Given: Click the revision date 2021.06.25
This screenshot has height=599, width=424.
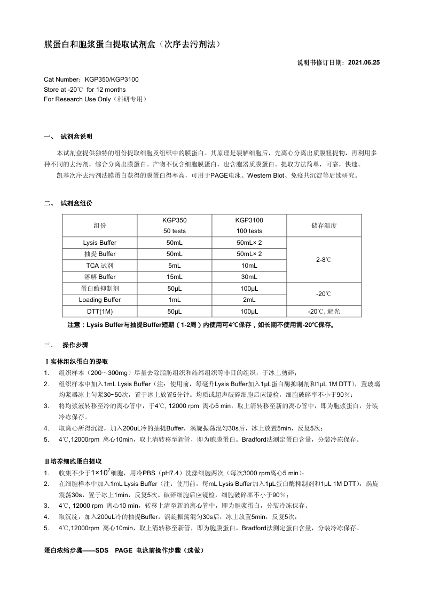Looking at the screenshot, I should point(364,62).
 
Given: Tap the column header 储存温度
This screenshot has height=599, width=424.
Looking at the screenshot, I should point(324,226).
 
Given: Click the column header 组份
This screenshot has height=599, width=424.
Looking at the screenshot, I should point(100,226).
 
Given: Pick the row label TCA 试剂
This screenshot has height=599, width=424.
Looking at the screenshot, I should point(100,266).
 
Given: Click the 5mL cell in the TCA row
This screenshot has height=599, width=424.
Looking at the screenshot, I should point(175,266).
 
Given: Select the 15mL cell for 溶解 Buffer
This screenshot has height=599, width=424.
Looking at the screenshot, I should point(175,277).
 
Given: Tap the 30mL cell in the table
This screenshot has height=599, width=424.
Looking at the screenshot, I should point(249,277).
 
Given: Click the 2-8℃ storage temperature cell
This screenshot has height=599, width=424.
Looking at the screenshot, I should point(324,260).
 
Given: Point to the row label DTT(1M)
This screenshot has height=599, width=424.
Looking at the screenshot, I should point(100,311).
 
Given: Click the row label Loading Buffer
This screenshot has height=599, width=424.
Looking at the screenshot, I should point(100,300).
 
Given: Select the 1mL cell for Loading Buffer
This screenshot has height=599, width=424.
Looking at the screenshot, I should point(175,300).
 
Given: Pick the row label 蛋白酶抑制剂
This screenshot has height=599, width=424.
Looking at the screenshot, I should point(100,289).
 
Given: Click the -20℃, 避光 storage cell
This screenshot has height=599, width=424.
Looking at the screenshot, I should point(324,311).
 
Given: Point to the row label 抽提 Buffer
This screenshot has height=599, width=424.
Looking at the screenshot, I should point(100,254).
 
